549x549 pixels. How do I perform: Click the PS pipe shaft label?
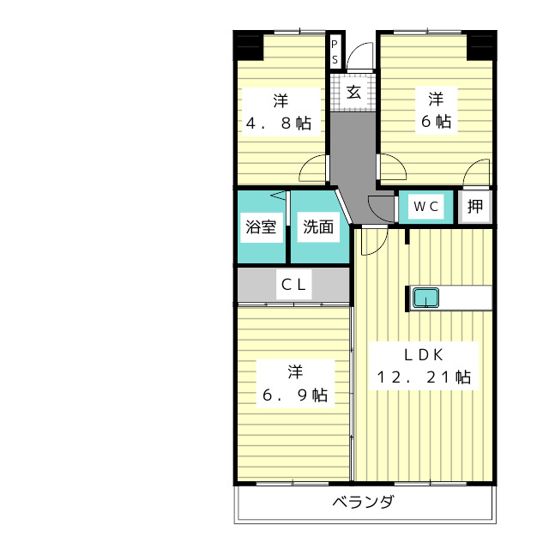point(335,51)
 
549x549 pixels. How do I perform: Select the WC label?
point(426,206)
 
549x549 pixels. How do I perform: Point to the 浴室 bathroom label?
point(261,227)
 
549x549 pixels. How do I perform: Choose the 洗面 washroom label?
point(318,227)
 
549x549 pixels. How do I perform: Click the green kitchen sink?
point(426,299)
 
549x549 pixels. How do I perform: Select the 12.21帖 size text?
point(423,377)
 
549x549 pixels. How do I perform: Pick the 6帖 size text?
point(436,122)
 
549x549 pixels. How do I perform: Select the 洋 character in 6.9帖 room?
point(295,371)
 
